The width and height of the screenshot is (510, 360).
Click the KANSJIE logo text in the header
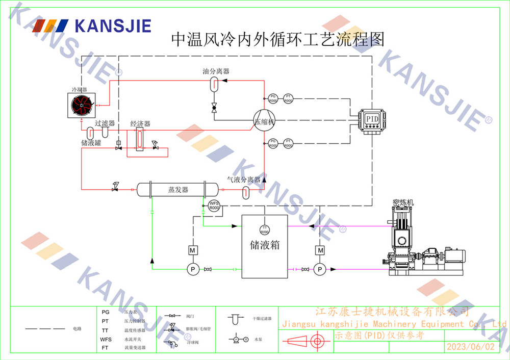113,25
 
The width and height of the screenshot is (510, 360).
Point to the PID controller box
371,119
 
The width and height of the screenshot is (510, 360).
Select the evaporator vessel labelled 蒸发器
178,190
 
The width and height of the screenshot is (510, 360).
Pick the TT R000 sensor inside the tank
264,229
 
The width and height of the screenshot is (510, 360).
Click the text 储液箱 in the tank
265,245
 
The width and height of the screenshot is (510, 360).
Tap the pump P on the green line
193,269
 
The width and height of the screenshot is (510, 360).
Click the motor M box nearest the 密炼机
320,250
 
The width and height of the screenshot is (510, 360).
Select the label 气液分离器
244,179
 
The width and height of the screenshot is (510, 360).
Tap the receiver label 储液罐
91,143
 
